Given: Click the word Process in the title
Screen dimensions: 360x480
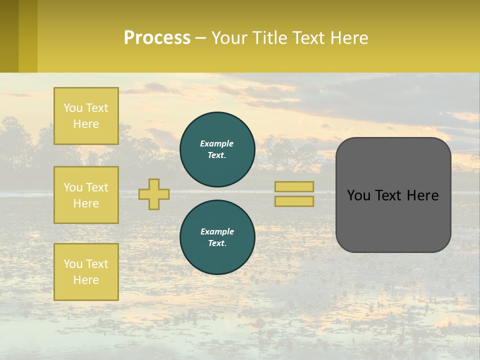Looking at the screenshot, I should coord(157,38).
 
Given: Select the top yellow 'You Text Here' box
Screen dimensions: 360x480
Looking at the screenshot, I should coord(86,116).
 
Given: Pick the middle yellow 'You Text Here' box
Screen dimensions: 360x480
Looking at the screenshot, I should coord(86,195).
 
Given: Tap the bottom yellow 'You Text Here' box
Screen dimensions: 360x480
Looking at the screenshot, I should coord(86,271).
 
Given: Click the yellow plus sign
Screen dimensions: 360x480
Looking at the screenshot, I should coord(154,194).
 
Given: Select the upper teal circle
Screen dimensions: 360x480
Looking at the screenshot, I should coord(217,149).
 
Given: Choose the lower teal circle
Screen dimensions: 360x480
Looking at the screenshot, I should coord(217,237).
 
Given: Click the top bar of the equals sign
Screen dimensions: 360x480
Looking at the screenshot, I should coord(294,186).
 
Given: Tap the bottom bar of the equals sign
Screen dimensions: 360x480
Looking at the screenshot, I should coord(294,201).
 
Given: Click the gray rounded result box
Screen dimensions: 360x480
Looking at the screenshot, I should coord(393,220).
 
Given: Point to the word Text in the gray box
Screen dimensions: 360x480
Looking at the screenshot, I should coord(389,195).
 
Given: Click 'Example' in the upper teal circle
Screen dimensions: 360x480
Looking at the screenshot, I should coord(217,143).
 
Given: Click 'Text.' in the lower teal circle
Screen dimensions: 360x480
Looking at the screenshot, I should coord(217,243).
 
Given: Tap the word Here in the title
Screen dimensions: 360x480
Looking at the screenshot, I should coord(349,38).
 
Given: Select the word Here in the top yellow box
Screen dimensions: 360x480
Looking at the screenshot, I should coord(86,124).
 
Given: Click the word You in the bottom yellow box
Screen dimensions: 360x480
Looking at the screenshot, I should coord(73,263).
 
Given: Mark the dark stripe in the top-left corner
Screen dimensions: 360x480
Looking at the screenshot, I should coord(9,36).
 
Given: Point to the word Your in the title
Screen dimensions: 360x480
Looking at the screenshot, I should coord(228,38).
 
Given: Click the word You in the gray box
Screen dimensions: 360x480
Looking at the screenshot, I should coord(358,195).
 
